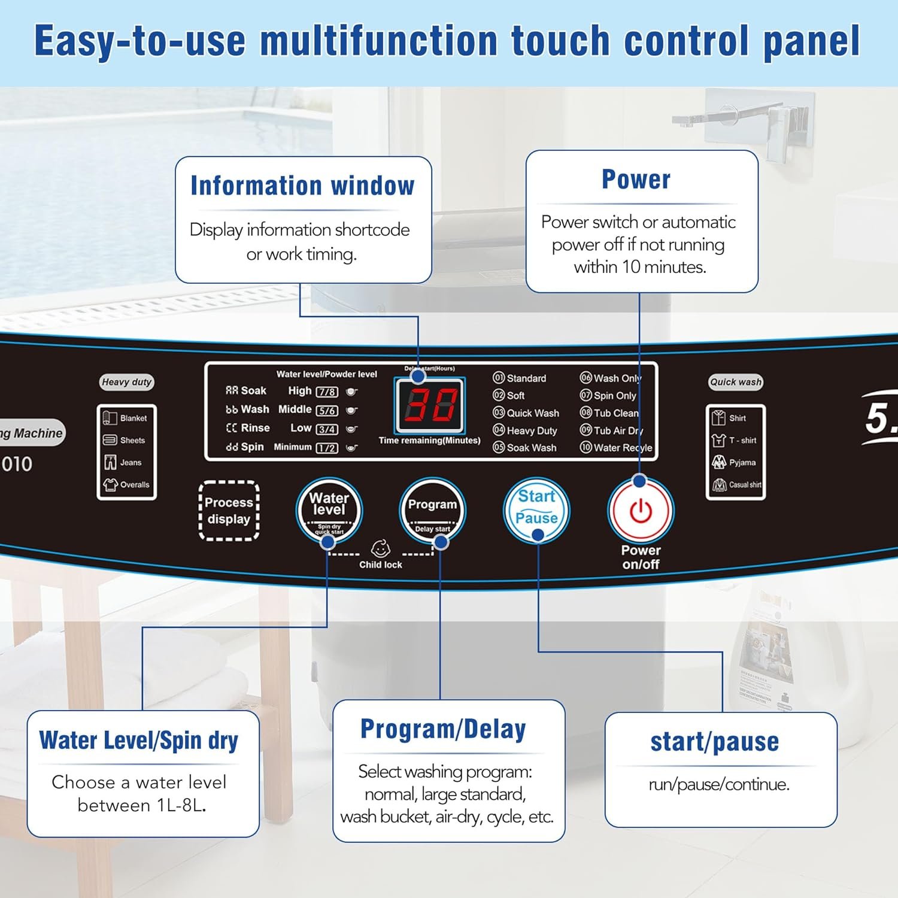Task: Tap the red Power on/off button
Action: tap(641, 511)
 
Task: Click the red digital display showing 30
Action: tap(429, 405)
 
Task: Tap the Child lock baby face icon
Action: tap(381, 548)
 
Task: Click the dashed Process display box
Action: tap(229, 511)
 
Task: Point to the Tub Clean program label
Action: tap(615, 413)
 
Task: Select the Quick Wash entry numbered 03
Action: tap(526, 413)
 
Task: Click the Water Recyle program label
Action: tap(622, 448)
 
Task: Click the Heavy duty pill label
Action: tap(126, 382)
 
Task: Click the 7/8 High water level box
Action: tap(327, 392)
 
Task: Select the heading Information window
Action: tap(302, 186)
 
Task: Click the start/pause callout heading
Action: tap(715, 742)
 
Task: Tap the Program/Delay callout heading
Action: tap(443, 729)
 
